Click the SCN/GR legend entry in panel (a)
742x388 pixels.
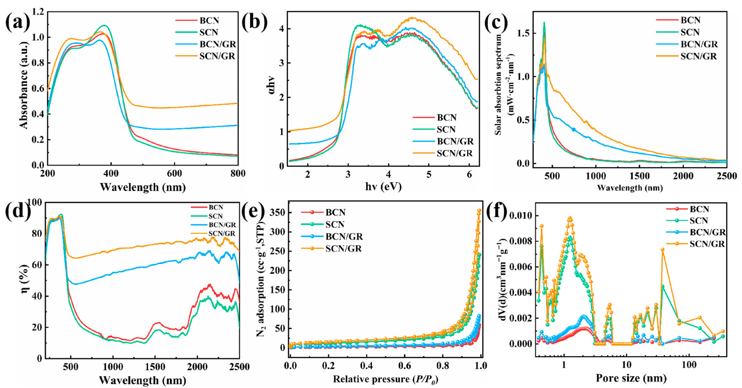pos(217,56)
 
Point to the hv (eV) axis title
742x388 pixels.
pos(383,187)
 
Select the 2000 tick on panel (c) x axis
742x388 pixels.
pos(683,176)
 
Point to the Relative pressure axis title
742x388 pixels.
pos(385,379)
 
